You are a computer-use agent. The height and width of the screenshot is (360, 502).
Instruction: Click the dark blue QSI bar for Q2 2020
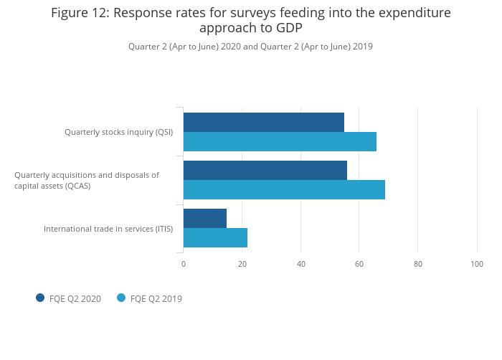263,122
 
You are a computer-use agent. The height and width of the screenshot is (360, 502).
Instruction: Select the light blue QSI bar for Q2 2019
280,142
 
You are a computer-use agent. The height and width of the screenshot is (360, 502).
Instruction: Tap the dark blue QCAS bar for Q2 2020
265,170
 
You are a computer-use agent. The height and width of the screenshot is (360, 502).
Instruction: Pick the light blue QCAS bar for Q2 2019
284,190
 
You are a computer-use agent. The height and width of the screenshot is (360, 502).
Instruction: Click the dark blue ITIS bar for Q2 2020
204,218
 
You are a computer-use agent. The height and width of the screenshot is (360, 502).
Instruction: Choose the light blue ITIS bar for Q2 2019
215,238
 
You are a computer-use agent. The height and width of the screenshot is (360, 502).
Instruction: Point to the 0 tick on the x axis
184,265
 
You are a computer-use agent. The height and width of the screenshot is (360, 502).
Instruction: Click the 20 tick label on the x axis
242,265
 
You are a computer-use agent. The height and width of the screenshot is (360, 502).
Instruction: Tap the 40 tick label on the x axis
301,265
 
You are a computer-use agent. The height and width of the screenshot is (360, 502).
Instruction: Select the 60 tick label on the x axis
360,265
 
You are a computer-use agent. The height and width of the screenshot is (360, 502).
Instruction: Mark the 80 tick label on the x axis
418,265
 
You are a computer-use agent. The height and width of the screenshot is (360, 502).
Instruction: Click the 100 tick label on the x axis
477,265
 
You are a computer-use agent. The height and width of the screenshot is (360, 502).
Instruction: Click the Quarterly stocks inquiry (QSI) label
118,132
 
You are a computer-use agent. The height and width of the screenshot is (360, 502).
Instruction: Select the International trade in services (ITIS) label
108,229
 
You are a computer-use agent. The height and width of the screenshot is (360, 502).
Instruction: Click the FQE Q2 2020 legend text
75,299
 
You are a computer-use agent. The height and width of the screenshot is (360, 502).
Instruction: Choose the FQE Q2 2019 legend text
156,299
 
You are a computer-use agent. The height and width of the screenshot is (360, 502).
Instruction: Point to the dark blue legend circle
40,298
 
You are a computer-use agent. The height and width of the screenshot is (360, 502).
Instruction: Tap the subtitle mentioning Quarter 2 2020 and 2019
250,47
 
